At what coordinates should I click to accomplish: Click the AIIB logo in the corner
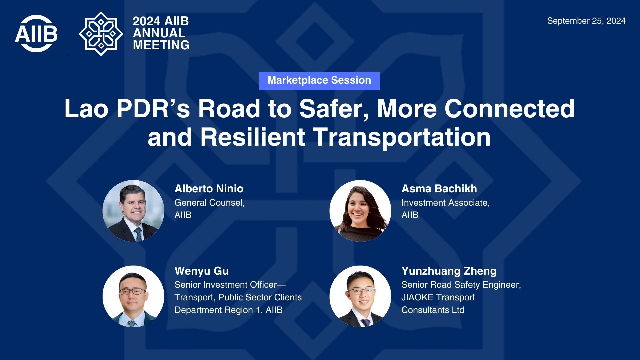[x=36, y=33]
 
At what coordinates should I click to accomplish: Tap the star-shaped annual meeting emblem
[x=101, y=34]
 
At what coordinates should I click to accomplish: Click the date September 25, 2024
[x=586, y=21]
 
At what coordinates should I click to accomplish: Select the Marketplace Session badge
[x=319, y=81]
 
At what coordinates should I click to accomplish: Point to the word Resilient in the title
[x=252, y=137]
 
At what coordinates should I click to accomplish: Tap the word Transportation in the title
[x=402, y=137]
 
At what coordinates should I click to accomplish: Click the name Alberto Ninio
[x=209, y=189]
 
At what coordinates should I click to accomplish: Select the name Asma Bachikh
[x=439, y=189]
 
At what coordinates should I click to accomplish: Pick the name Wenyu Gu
[x=202, y=271]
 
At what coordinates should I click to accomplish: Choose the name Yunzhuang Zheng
[x=449, y=271]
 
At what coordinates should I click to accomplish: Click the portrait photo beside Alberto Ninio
[x=133, y=211]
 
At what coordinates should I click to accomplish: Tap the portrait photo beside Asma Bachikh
[x=360, y=211]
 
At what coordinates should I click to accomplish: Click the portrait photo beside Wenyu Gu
[x=133, y=296]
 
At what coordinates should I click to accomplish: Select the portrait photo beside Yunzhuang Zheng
[x=360, y=296]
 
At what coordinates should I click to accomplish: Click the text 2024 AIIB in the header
[x=161, y=21]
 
